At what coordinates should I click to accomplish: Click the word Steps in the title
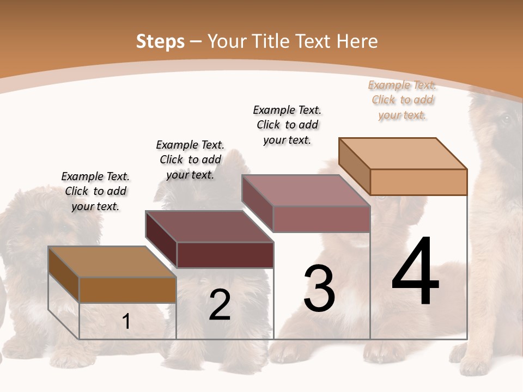[160, 41]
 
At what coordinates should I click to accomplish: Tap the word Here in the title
[357, 41]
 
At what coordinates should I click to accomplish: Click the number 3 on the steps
[319, 288]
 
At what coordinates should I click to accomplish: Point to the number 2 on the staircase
[220, 305]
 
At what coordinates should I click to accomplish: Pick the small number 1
[126, 322]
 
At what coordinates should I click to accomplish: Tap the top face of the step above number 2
[209, 226]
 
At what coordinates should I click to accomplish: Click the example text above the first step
[95, 191]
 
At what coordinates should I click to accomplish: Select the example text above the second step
[190, 160]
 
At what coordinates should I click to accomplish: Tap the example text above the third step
[287, 125]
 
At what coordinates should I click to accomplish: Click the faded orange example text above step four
[402, 100]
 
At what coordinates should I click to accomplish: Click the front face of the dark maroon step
[225, 255]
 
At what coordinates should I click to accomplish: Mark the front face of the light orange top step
[418, 182]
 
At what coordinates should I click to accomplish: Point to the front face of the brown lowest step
[127, 290]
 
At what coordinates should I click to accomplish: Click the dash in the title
[196, 41]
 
